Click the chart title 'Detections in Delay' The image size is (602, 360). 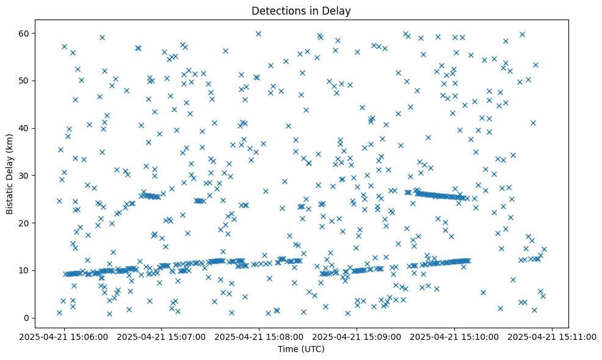coord(301,10)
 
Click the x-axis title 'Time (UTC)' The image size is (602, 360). coord(301,349)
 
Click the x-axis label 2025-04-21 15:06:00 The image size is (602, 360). coord(64,336)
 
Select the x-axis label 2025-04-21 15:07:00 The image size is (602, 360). coord(162,336)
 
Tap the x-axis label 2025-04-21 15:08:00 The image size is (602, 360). coord(259,336)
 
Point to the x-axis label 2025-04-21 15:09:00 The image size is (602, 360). coord(357,336)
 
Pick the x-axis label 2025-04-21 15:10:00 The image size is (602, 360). coord(455,336)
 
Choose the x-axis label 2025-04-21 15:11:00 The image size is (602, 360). coord(553,336)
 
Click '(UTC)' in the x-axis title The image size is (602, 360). coord(313,349)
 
